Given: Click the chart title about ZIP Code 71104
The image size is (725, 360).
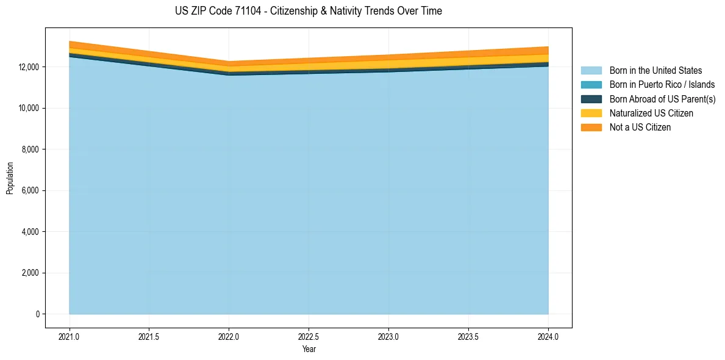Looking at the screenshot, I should [308, 11].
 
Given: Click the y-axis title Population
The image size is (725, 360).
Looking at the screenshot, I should [10, 178].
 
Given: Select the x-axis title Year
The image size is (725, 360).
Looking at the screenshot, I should [309, 350].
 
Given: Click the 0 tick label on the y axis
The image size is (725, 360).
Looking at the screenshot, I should [37, 314].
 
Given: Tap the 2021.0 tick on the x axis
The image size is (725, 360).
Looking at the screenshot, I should [70, 336].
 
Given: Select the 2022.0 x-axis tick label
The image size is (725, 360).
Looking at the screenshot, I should [229, 336].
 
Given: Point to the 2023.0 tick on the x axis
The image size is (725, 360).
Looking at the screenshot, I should [388, 336].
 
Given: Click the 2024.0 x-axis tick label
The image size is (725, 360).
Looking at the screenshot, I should [548, 336].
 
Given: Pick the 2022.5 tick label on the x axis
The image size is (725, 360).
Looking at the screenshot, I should [309, 336].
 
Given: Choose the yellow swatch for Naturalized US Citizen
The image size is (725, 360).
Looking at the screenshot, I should [591, 113].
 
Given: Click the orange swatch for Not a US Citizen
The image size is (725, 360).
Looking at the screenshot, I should [591, 127].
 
